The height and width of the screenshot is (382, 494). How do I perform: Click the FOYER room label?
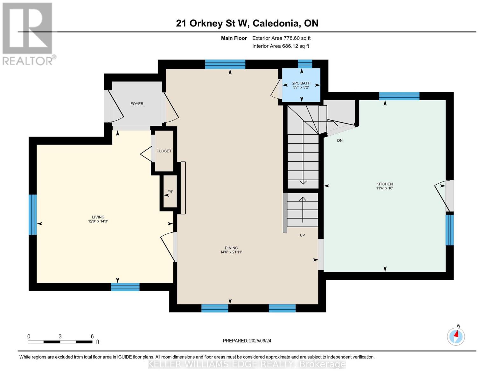coord(137,104)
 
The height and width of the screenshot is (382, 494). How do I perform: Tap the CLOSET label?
coord(164,151)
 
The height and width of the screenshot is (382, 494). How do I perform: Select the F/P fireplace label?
coord(170,192)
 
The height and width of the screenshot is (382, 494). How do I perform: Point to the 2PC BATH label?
coord(301,83)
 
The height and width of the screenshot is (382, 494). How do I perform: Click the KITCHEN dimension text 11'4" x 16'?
coord(385,188)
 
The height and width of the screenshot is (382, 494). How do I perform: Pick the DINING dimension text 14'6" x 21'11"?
coord(232,252)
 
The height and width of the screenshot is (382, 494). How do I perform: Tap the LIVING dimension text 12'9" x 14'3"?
coord(98,221)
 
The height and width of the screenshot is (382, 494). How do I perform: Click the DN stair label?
coord(340,141)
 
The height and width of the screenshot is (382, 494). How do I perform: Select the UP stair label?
coord(302,235)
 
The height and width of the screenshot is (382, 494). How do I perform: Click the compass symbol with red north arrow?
coord(456,337)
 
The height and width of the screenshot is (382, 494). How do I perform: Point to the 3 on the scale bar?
coord(60,336)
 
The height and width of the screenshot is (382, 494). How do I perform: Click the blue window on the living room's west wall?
coord(32,215)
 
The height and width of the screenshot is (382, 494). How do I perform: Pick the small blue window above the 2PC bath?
coord(305,64)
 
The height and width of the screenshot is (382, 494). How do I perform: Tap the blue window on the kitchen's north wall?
coord(399,96)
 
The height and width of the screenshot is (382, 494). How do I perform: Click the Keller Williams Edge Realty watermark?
coord(247,365)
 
